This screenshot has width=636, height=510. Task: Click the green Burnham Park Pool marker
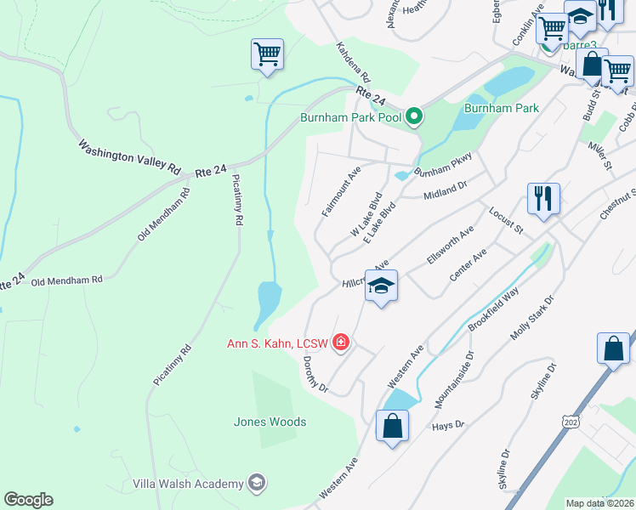(x=414, y=116)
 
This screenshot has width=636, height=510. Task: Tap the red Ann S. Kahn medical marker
(x=341, y=343)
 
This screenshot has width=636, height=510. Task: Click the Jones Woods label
(x=270, y=422)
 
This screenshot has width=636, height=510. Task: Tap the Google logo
(x=28, y=500)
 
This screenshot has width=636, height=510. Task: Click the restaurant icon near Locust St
(x=542, y=199)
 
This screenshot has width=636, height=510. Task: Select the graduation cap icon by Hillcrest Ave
(x=382, y=287)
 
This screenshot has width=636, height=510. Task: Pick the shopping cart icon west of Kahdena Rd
(x=267, y=55)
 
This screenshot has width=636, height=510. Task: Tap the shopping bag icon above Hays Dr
(x=392, y=425)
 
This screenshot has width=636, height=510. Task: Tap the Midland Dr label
(x=446, y=191)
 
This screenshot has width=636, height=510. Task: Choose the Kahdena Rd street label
(x=352, y=63)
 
